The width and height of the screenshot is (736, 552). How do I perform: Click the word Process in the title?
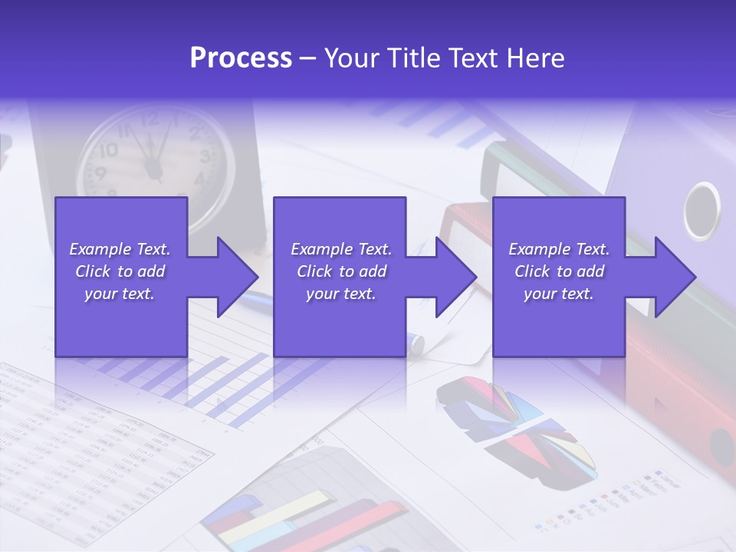(241, 58)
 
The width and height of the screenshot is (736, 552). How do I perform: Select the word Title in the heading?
(413, 58)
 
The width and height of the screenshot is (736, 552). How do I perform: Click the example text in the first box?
(120, 271)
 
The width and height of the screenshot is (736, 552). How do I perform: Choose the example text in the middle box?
(341, 271)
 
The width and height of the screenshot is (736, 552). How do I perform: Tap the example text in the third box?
(559, 271)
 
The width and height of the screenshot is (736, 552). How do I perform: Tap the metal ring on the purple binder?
(701, 210)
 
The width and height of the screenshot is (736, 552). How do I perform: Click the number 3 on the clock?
(205, 156)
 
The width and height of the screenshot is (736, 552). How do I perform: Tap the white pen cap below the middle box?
(415, 342)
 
